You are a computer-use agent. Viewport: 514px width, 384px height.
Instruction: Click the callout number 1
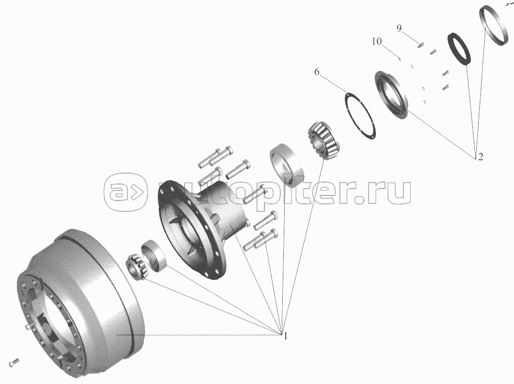click(285, 336)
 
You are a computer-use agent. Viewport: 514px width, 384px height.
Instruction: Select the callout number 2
click(481, 157)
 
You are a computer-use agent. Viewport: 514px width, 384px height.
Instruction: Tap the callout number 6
click(317, 71)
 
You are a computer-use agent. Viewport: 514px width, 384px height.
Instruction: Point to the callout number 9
click(398, 28)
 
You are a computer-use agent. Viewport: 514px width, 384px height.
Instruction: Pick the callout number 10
click(377, 41)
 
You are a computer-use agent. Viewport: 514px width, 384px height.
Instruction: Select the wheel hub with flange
click(203, 226)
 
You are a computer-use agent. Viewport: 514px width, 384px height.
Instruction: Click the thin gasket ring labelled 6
click(360, 116)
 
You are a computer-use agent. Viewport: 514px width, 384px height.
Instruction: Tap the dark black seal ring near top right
click(459, 49)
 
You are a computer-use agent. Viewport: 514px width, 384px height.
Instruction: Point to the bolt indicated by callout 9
click(420, 45)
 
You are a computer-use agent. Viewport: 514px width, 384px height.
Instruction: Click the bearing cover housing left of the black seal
click(391, 95)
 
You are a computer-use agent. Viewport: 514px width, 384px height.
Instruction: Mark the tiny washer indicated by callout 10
click(400, 60)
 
